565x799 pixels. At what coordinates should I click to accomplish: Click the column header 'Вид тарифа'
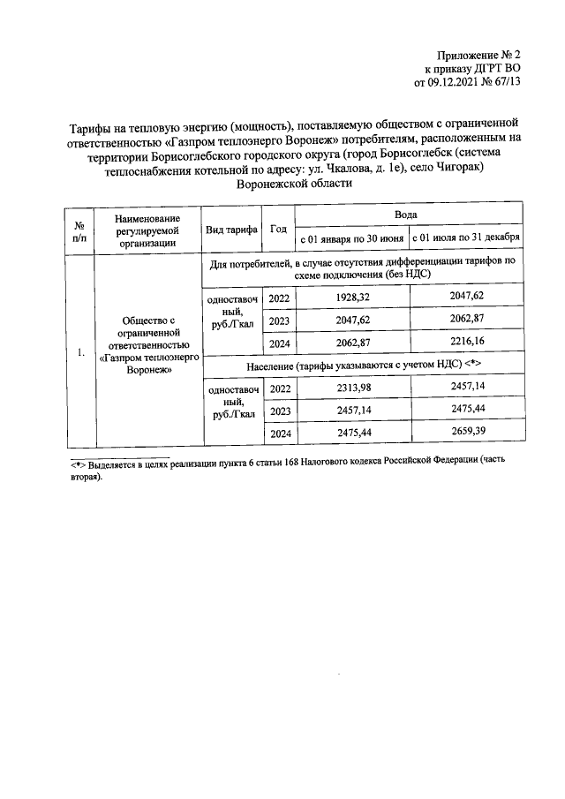tap(231, 228)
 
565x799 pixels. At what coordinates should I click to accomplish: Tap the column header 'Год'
tap(278, 228)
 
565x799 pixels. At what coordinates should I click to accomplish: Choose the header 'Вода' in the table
tap(407, 215)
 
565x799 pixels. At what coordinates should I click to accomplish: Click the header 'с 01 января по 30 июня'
tap(351, 238)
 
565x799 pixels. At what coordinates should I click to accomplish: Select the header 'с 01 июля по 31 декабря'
tap(464, 238)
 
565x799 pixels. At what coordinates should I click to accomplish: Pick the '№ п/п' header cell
tap(79, 228)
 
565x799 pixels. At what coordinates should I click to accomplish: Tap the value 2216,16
tap(464, 341)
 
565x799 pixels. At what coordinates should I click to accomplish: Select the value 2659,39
tap(464, 433)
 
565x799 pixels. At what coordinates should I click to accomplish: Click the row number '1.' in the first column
tap(79, 353)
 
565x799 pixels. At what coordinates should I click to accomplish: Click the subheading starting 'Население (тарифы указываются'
tap(362, 365)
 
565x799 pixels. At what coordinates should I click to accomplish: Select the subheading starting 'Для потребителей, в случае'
tap(362, 269)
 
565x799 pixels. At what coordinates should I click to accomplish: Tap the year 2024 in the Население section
tap(279, 433)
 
